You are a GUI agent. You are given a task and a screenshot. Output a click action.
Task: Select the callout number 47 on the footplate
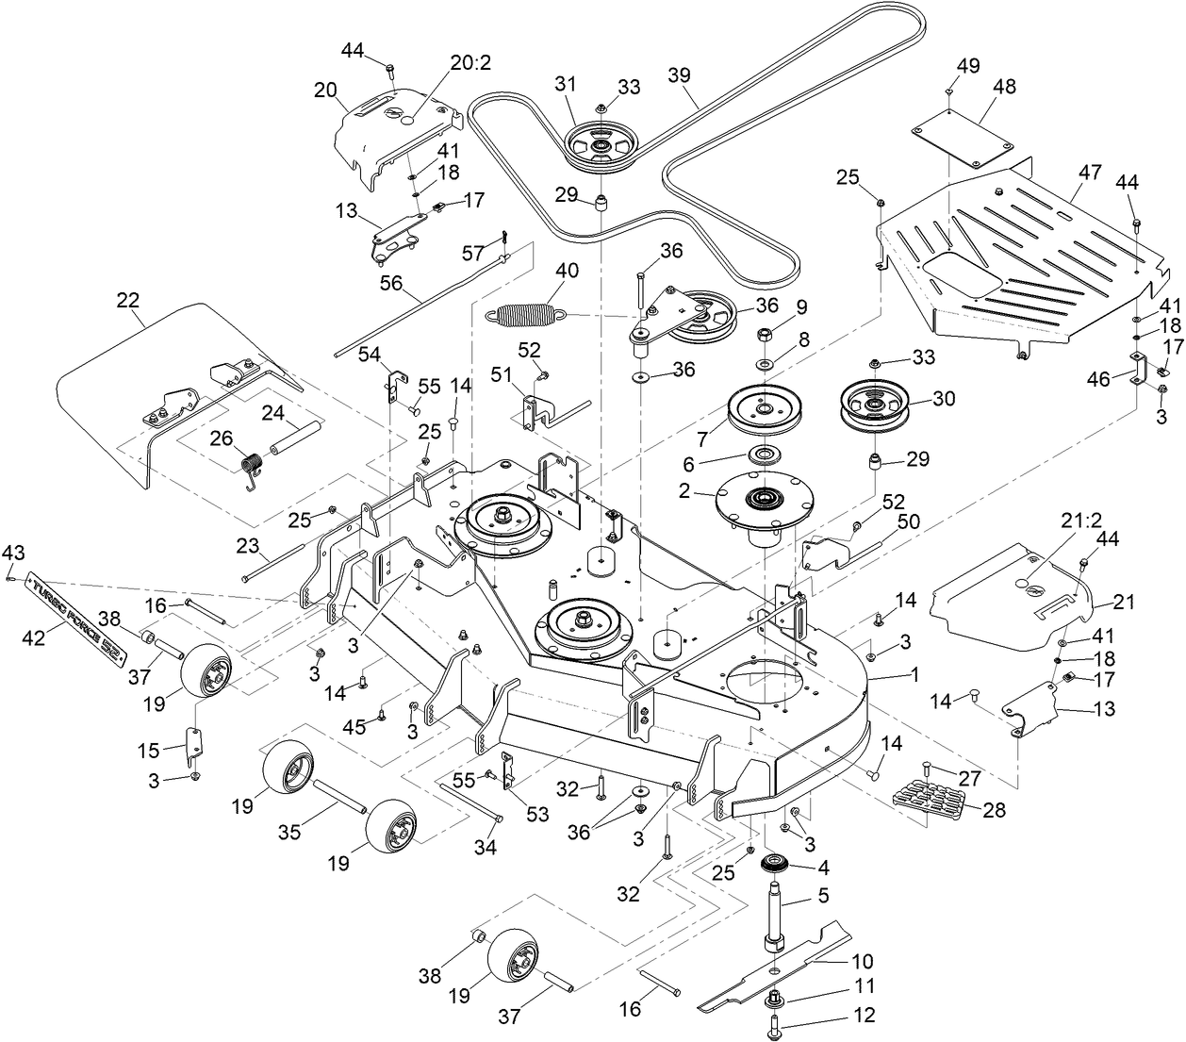coord(1090,172)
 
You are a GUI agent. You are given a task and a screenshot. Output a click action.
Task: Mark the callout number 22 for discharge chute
coord(127,300)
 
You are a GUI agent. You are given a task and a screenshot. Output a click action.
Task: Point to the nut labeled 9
coord(764,335)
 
